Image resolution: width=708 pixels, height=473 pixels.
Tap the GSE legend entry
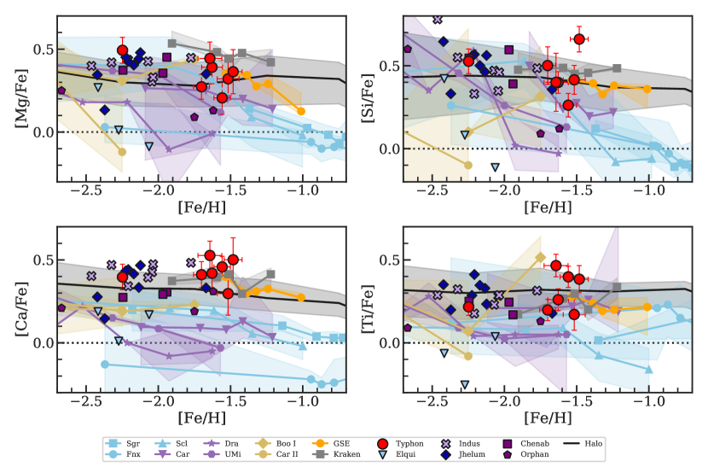[x=338, y=443]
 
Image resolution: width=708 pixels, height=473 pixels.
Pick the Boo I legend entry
[x=279, y=443]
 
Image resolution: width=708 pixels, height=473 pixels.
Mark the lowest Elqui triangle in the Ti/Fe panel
[x=465, y=385]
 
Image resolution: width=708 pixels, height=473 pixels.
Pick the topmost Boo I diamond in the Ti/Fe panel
[x=540, y=257]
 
